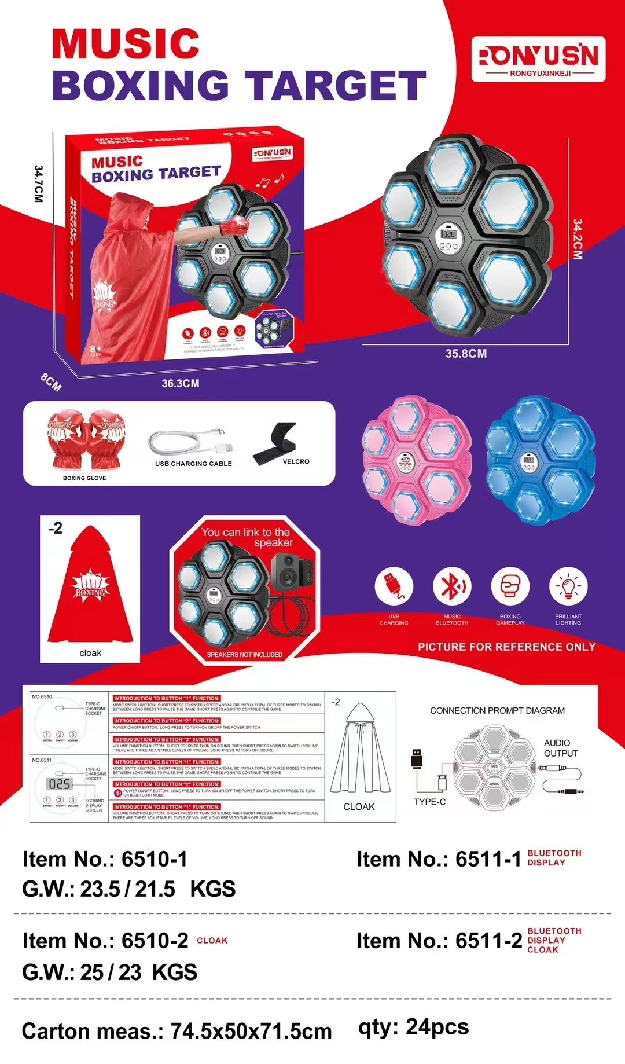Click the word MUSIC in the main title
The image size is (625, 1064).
126,44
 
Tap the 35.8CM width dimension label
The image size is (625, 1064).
466,354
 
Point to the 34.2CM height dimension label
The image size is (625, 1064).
577,239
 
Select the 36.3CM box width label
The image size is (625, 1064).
181,384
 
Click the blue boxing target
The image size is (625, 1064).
539,460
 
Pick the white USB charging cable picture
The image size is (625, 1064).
191,444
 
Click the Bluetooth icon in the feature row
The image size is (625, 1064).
452,586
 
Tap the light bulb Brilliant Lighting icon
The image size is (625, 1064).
568,586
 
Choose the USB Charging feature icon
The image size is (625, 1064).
394,586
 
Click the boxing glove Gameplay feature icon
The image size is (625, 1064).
510,586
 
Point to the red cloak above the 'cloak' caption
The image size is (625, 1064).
90,585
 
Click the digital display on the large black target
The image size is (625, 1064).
448,234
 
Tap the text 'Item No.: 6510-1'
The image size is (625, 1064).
105,860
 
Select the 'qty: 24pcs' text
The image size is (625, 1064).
413,1027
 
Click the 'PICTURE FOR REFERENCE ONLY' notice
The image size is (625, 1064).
506,647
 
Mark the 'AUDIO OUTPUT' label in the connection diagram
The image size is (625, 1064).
560,748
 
